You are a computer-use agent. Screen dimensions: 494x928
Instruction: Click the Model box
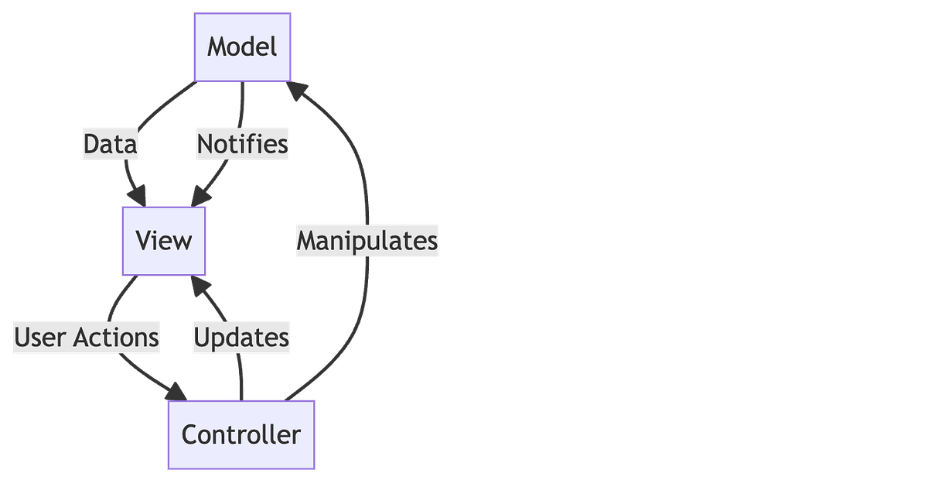[x=242, y=47]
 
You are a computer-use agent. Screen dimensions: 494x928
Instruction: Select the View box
[x=163, y=241]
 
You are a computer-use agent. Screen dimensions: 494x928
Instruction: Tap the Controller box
[x=241, y=434]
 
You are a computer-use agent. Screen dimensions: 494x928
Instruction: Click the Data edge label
[x=111, y=145]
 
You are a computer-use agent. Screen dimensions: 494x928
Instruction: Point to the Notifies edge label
[x=242, y=145]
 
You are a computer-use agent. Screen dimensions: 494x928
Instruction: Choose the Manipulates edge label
[x=367, y=241]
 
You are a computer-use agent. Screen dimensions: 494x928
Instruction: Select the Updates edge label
[x=241, y=338]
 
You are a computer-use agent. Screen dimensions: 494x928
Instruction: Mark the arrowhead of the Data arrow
[x=138, y=194]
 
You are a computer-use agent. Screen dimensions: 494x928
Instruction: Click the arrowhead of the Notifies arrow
[x=200, y=196]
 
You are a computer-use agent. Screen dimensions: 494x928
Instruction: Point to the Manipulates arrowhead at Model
[x=296, y=91]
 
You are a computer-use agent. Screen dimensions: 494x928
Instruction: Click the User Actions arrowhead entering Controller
[x=174, y=390]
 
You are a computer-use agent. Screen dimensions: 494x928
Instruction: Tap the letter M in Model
[x=217, y=47]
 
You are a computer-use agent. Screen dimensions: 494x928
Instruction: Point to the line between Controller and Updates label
[x=241, y=378]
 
